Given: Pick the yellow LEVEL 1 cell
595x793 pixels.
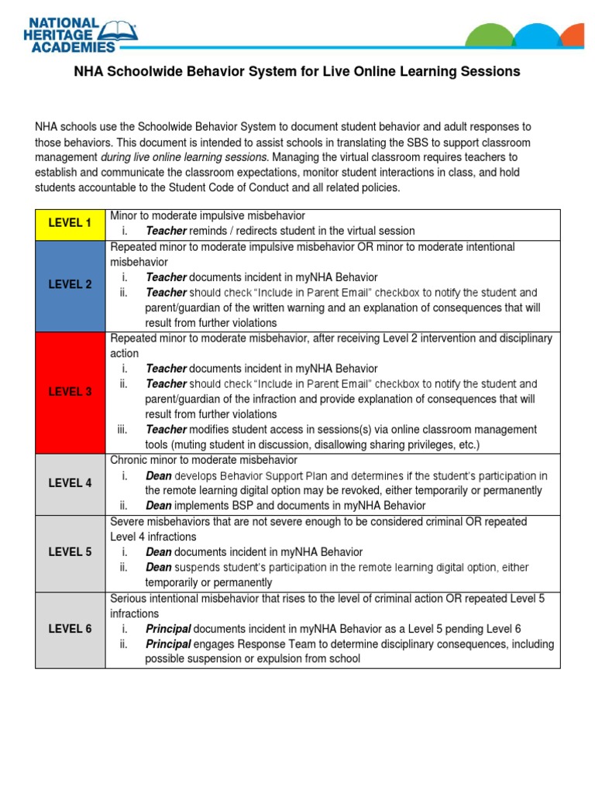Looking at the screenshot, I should pos(70,223).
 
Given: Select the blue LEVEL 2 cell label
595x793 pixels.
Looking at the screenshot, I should pos(70,284).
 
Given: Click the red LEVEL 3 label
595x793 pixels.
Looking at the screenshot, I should pos(70,392).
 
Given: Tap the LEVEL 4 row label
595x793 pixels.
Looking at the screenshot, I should pos(70,483).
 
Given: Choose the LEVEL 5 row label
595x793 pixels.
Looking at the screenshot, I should pos(70,552).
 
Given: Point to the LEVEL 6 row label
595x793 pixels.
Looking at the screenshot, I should pos(70,629).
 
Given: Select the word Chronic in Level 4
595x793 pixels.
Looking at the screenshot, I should pos(129,460).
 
